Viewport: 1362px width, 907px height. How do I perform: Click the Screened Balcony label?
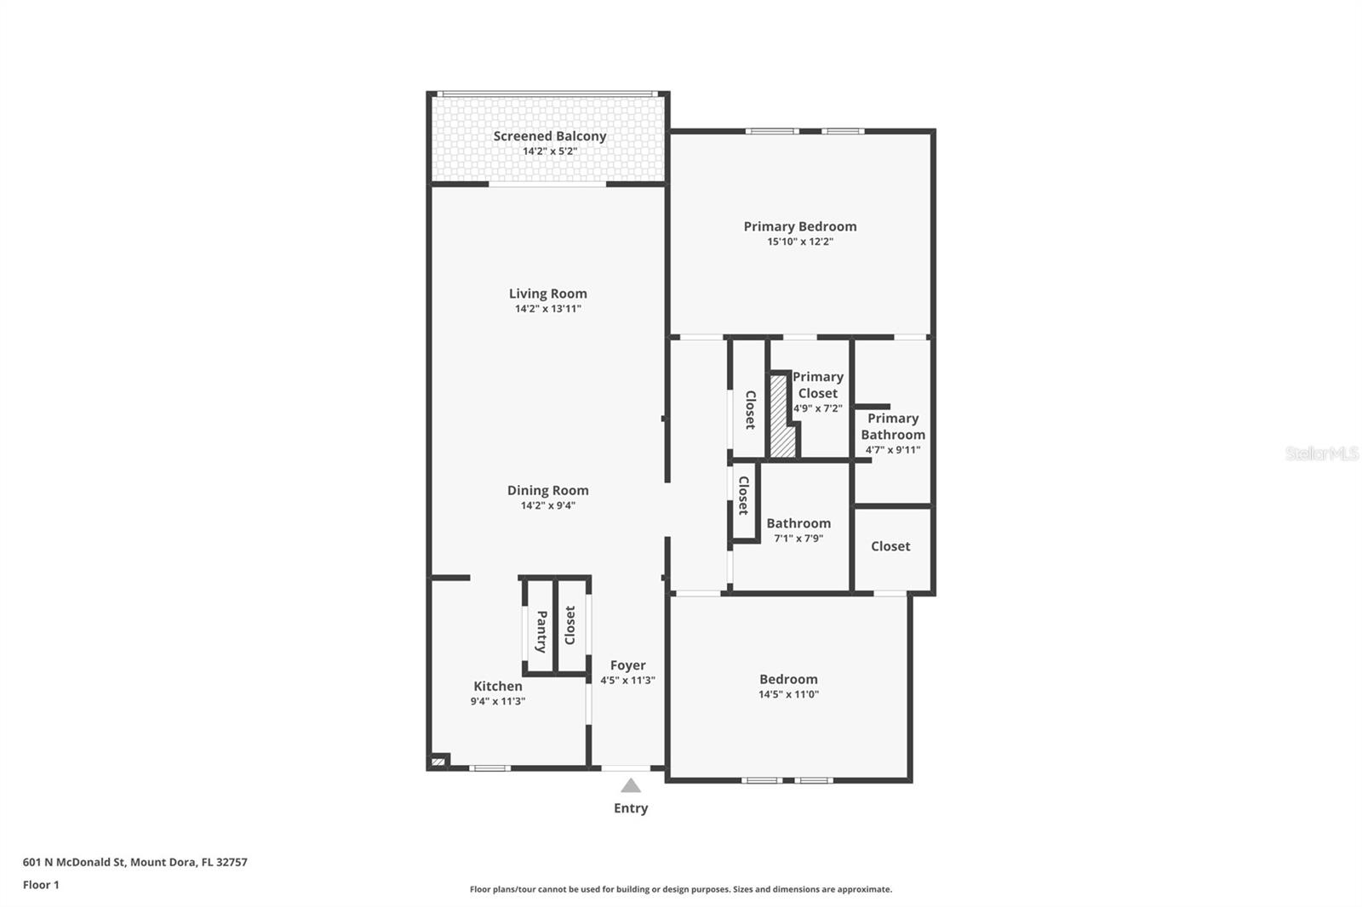[550, 136]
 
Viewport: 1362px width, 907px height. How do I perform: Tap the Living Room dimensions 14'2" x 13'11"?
[547, 309]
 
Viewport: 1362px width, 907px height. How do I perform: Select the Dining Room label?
[547, 490]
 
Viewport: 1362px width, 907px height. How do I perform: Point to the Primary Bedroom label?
[799, 226]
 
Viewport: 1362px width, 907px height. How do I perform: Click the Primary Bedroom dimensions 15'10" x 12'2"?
[799, 242]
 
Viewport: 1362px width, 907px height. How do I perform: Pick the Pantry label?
[541, 631]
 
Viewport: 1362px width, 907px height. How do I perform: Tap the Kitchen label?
[498, 686]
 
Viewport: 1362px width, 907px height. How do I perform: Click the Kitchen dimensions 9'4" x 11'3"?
[498, 702]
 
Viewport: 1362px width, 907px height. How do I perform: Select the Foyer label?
[627, 665]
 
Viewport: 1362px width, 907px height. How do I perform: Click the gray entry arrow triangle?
[630, 786]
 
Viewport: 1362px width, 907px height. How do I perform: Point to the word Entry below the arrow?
[630, 808]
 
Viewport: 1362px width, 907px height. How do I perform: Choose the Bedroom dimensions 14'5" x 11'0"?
[788, 694]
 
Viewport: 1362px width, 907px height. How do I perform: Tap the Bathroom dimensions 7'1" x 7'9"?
[798, 539]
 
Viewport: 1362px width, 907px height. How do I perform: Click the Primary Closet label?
[817, 385]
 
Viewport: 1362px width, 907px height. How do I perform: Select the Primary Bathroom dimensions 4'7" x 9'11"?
[892, 450]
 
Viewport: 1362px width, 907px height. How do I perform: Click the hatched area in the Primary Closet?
[781, 417]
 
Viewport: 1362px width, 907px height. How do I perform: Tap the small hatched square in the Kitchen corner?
[438, 762]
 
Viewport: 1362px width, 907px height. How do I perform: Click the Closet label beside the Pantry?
[570, 625]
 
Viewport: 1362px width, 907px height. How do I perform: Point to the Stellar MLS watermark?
[1321, 453]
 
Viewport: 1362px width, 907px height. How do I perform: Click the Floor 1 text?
[41, 885]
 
